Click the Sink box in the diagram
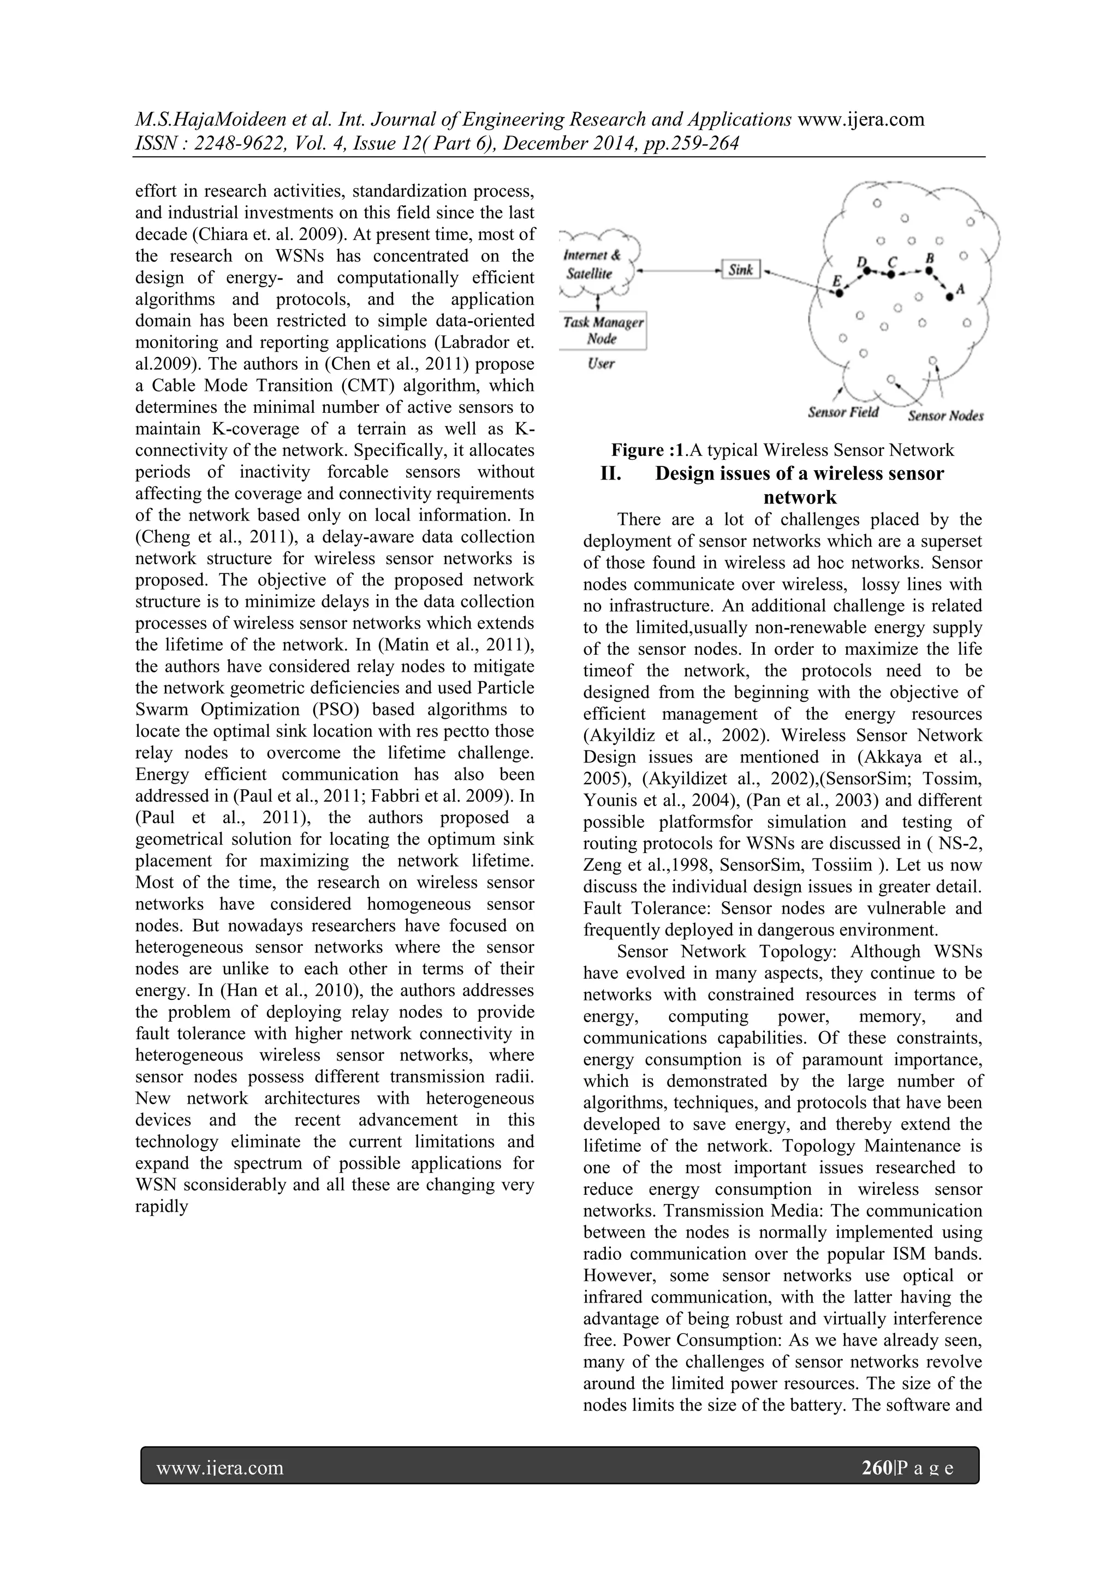740,269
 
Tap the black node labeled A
949,297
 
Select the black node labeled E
839,293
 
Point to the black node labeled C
891,274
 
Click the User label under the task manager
601,364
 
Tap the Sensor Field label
843,412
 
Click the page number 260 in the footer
876,1469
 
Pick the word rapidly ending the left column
161,1206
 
